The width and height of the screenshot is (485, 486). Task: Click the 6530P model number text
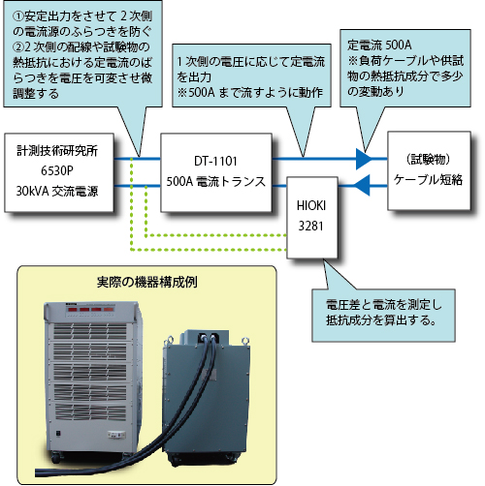tap(57, 170)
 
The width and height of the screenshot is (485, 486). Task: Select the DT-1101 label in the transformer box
tap(215, 161)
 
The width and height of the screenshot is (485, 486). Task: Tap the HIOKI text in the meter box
tap(311, 205)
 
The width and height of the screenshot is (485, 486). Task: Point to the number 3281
tap(310, 226)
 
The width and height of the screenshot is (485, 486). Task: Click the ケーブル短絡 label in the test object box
tap(428, 180)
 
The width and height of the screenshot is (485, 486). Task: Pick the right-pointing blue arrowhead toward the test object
tap(364, 159)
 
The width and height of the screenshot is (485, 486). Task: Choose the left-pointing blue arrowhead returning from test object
tap(362, 185)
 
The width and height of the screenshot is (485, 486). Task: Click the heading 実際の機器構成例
tap(147, 282)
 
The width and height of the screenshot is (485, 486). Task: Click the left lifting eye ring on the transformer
tap(169, 339)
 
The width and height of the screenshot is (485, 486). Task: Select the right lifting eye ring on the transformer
tap(244, 341)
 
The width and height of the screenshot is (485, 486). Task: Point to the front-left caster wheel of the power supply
tap(56, 458)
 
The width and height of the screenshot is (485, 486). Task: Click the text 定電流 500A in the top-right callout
tap(379, 45)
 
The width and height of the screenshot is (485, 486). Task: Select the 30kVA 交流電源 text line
tap(57, 191)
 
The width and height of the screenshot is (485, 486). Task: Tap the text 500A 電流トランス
tap(215, 181)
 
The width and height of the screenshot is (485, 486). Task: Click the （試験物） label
tap(428, 159)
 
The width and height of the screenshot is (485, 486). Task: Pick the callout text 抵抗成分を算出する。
tap(380, 320)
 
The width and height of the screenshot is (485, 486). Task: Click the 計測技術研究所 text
tap(57, 151)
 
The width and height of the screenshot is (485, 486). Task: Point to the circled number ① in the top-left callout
tap(17, 16)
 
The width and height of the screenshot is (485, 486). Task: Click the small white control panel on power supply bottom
tap(116, 435)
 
